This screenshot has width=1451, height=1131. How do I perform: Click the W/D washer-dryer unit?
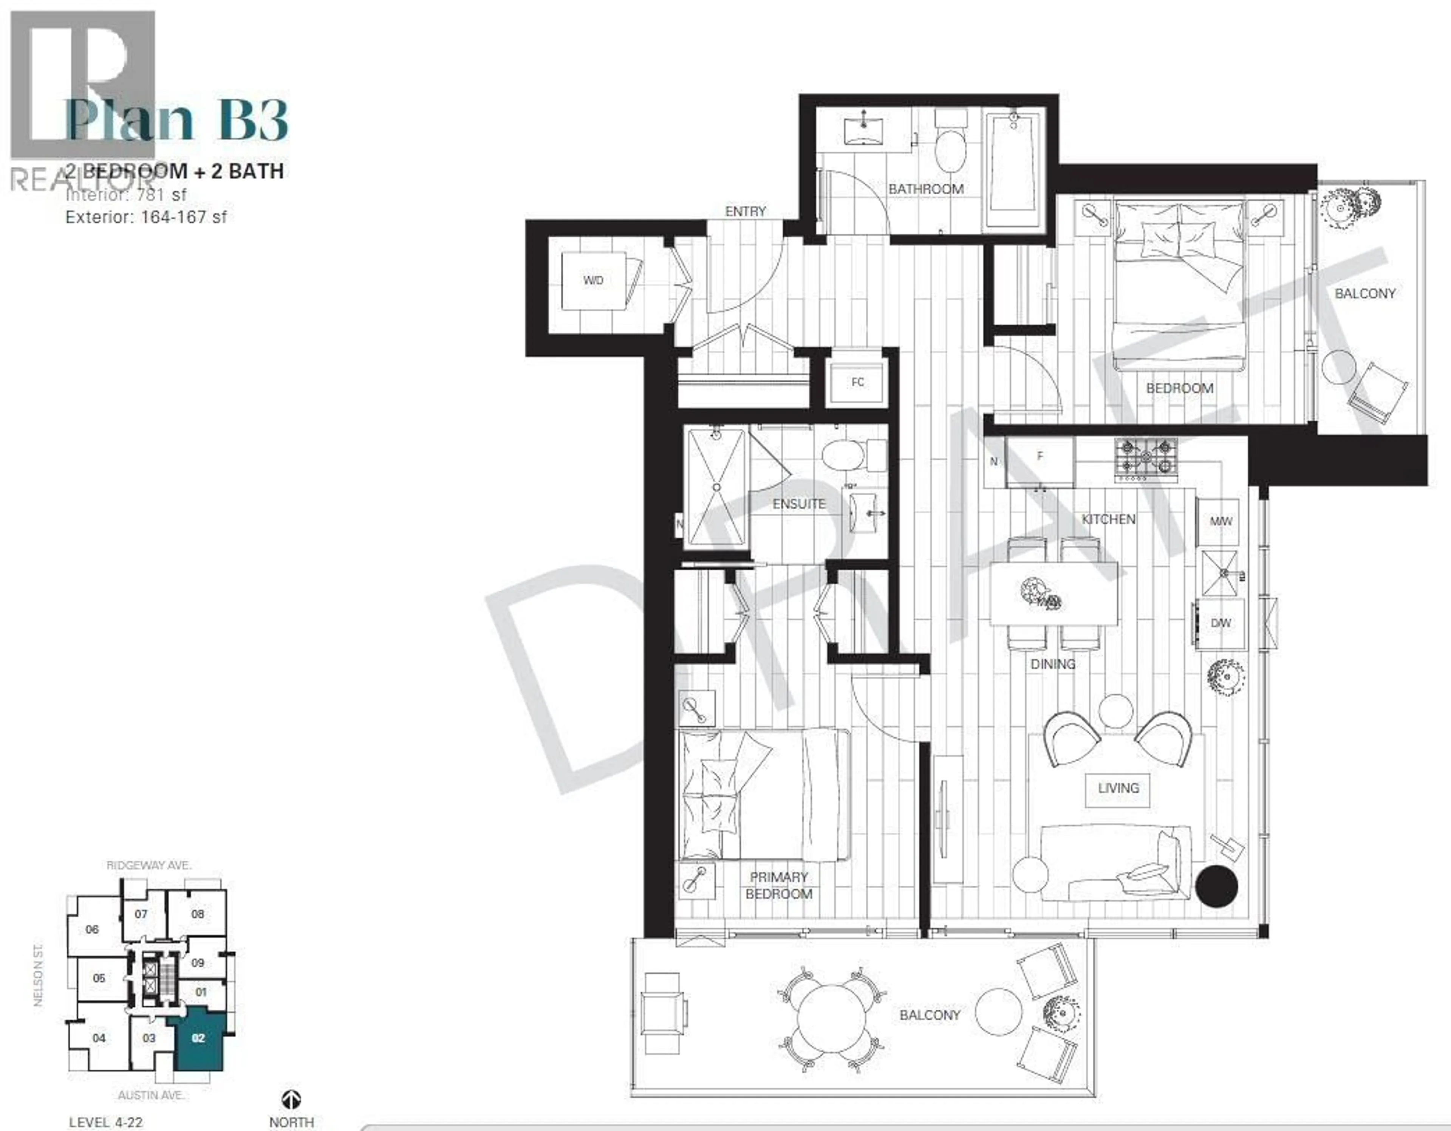[593, 280]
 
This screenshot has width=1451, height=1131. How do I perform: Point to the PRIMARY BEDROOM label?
[779, 886]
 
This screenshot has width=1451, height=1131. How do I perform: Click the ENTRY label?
[746, 211]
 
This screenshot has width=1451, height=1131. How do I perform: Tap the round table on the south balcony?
[832, 1018]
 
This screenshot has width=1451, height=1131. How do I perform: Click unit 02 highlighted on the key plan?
[198, 1038]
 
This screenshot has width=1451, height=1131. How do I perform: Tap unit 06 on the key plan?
[92, 930]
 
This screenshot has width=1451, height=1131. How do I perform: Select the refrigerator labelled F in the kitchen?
[1040, 460]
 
